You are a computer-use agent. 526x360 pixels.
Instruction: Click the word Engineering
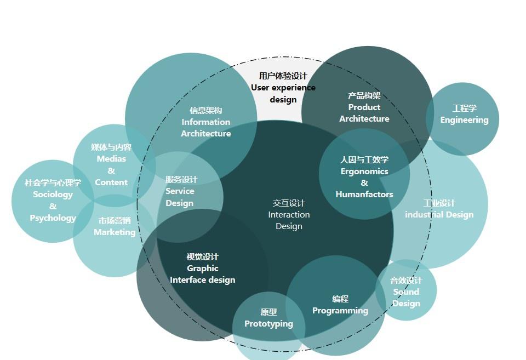pos(464,120)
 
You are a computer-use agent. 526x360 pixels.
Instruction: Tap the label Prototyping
pos(268,324)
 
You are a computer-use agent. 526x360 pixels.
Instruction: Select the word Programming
pos(340,311)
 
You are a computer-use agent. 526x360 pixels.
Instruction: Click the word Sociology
pos(53,195)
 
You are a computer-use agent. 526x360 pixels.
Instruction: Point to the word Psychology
pos(53,218)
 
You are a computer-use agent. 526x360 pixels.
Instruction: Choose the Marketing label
pos(115,232)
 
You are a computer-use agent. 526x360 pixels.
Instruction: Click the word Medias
pos(111,159)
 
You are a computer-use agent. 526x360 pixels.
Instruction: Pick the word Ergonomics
pos(364,172)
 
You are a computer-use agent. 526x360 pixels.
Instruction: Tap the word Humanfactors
pos(364,195)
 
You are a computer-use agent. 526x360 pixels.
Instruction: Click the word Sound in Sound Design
pos(406,292)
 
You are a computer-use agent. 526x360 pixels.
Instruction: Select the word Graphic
pos(203,268)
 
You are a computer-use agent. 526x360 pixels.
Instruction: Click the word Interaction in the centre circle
pos(289,215)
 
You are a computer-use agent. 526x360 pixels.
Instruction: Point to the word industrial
pos(422,215)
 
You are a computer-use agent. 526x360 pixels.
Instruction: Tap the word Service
pos(180,191)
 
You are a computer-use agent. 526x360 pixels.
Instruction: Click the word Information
pos(206,122)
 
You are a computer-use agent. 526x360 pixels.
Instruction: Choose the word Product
pos(364,107)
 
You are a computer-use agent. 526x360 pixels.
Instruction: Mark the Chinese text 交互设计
pos(289,203)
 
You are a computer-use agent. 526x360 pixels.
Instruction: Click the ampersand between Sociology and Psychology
pos(53,207)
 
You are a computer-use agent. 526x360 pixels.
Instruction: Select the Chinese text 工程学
pos(464,108)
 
